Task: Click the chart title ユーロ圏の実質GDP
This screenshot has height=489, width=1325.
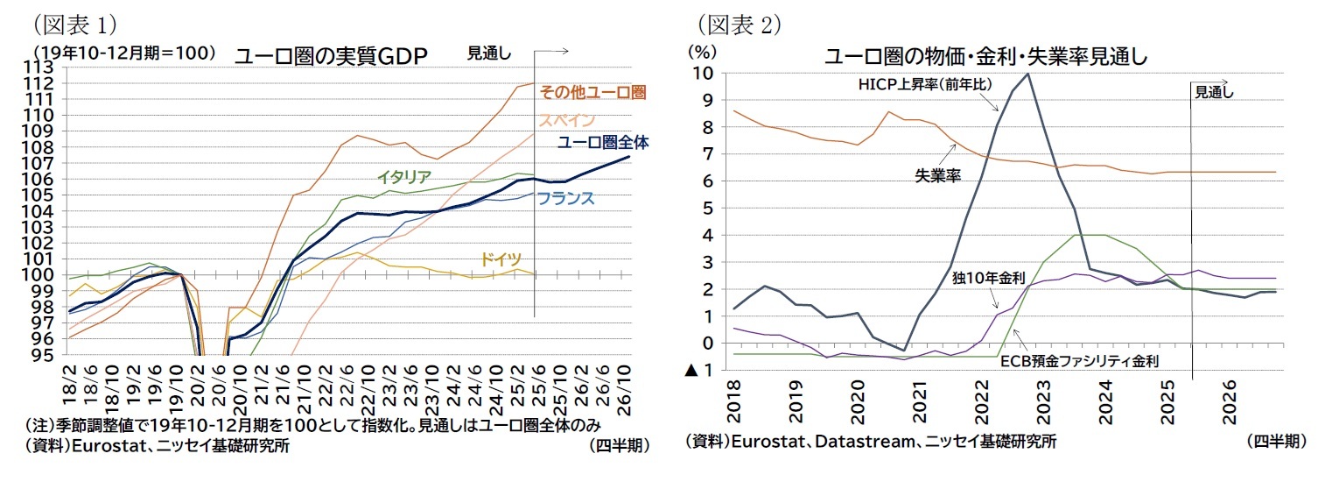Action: click(330, 57)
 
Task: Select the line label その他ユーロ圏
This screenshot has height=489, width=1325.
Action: click(592, 91)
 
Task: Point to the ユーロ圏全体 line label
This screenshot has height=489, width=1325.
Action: click(603, 142)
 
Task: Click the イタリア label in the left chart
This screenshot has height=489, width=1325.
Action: click(403, 176)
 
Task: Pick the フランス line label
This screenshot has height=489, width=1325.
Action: click(566, 198)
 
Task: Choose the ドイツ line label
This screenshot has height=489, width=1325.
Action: click(500, 259)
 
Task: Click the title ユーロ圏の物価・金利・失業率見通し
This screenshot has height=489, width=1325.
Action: click(986, 57)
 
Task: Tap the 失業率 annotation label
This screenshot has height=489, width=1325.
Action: click(938, 176)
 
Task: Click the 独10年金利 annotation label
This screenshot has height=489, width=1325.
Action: click(988, 278)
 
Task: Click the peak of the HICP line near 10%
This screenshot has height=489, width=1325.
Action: click(1027, 74)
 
